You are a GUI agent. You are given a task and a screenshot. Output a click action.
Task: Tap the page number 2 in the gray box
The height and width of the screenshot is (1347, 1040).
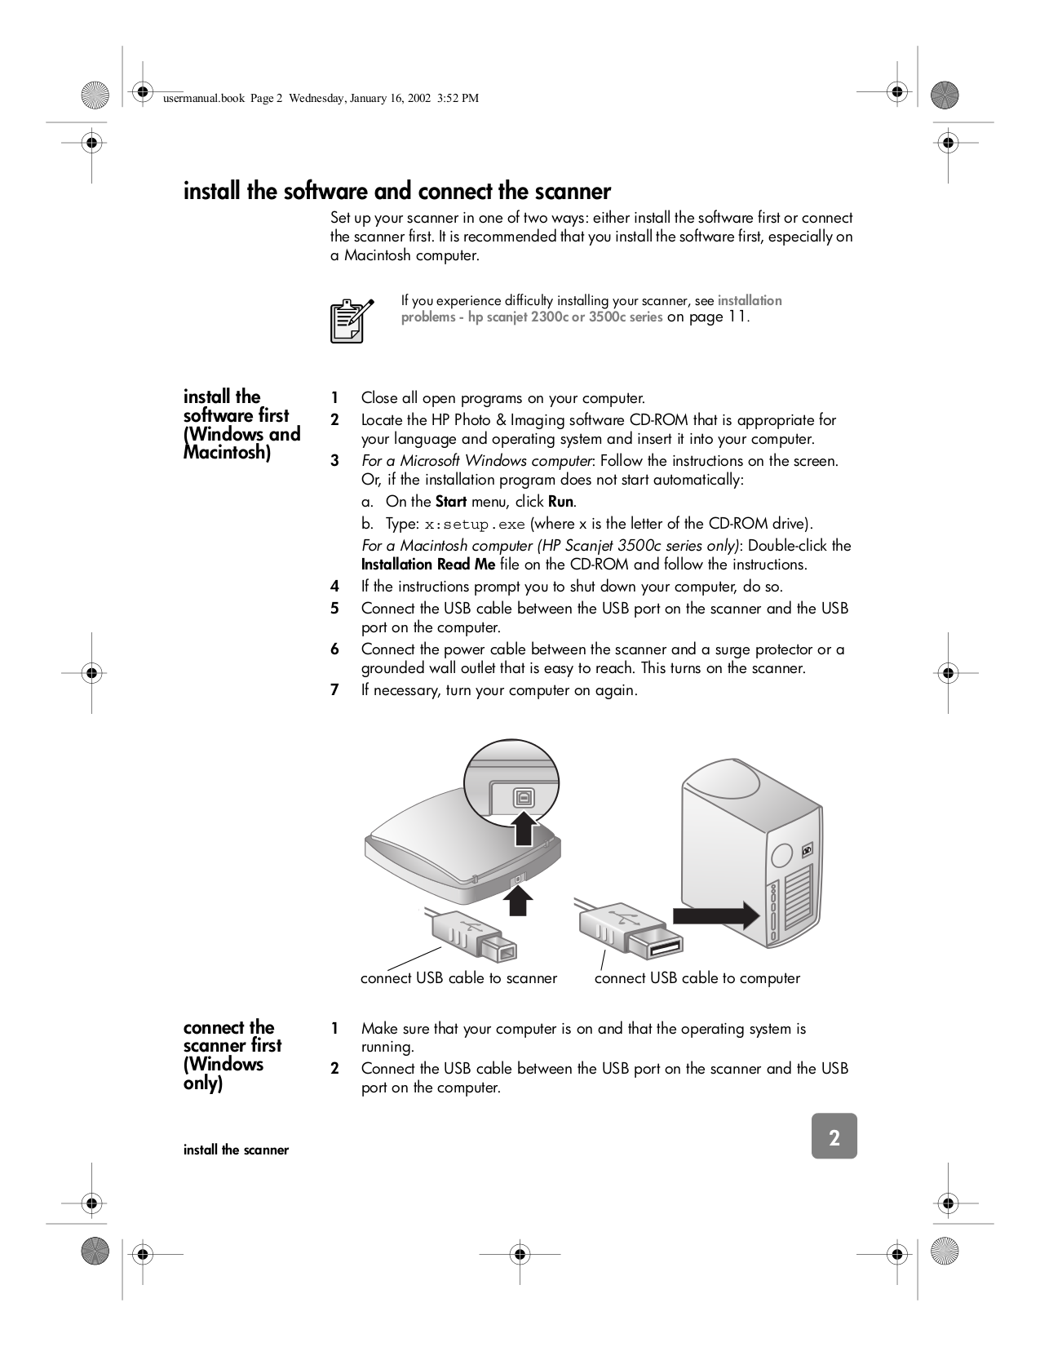834,1137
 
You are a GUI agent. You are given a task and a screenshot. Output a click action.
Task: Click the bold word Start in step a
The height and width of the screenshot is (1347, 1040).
450,502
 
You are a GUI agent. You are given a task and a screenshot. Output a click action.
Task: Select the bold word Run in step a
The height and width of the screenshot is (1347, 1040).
561,502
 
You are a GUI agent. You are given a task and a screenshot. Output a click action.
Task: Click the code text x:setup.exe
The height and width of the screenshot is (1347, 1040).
476,524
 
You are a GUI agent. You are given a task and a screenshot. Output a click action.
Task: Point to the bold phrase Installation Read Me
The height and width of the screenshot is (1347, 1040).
428,565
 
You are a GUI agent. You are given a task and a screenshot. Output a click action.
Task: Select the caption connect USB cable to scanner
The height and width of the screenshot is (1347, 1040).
458,978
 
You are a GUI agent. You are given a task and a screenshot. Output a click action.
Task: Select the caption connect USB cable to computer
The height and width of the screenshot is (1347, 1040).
697,978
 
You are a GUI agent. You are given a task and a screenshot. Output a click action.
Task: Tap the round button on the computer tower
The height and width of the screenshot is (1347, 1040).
781,855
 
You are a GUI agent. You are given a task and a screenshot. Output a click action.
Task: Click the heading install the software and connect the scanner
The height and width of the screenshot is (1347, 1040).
396,192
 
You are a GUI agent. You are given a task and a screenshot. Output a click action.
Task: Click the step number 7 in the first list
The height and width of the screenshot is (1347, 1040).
334,690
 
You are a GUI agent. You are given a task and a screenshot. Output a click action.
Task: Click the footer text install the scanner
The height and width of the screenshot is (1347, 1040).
236,1150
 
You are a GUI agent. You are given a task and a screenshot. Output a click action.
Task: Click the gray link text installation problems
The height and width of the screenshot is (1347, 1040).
749,301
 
